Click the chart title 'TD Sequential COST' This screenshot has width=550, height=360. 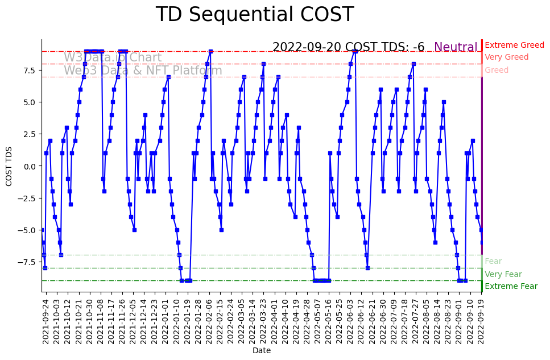pos(254,15)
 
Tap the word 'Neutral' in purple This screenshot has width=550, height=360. pos(456,47)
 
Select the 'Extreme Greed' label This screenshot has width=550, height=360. pos(514,45)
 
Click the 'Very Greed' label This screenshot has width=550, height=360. pos(506,57)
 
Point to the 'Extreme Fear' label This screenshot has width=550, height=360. pos(511,286)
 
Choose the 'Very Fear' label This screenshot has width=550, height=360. pos(503,274)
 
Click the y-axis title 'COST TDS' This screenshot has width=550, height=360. pos(9,166)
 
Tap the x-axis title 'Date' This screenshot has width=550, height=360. pos(262,351)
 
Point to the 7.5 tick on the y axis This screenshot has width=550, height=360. pos(30,71)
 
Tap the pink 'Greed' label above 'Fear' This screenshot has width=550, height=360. pos(497,70)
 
